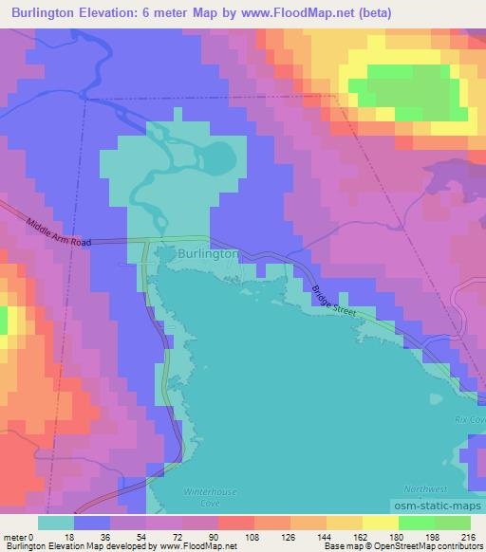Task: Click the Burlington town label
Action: tap(207, 254)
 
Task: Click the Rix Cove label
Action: tap(469, 419)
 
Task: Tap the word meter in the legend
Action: tap(16, 536)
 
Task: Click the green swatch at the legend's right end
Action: tap(452, 523)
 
